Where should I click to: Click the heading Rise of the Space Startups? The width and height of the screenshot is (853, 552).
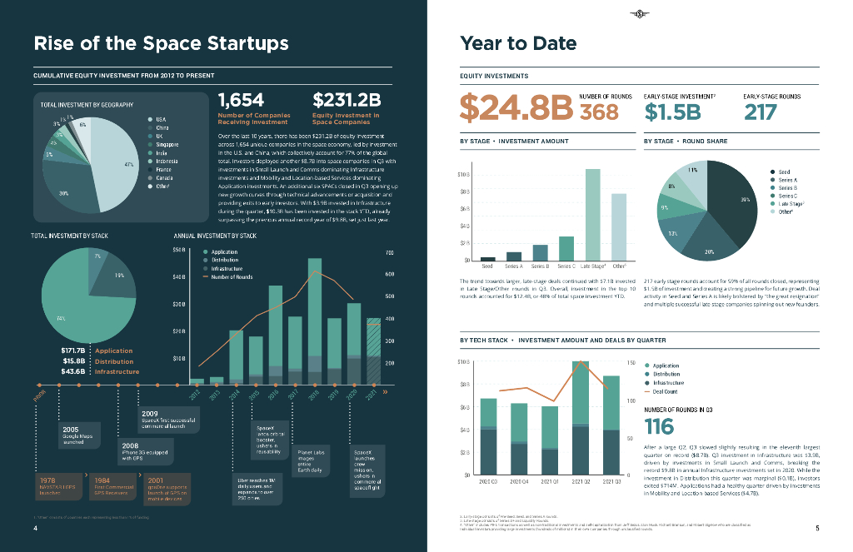coord(161,44)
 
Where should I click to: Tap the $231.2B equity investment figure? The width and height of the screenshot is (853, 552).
coord(346,100)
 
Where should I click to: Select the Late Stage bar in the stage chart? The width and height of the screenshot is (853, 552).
coord(592,214)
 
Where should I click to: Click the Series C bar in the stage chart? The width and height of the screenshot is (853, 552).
coord(566,248)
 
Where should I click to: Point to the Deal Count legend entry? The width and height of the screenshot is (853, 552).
coord(665,391)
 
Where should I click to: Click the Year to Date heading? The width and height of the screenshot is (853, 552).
coord(518,44)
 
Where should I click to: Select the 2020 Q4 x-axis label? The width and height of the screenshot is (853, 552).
coord(518,480)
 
